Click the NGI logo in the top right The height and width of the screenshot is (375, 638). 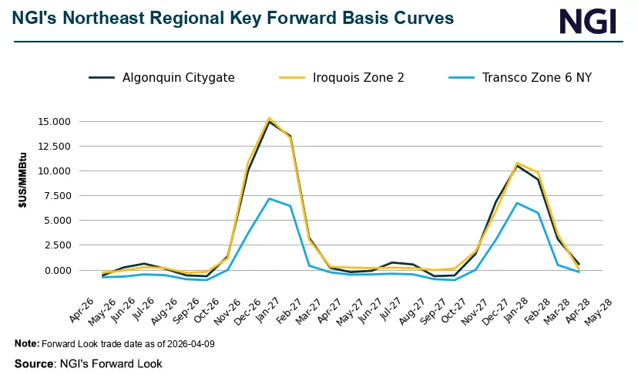[x=588, y=21]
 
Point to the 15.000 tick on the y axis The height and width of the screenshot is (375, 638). [x=53, y=121]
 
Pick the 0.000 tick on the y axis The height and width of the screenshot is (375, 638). [x=55, y=270]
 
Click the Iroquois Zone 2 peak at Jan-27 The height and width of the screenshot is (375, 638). [x=268, y=118]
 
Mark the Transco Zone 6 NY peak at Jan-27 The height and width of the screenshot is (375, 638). [x=268, y=198]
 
